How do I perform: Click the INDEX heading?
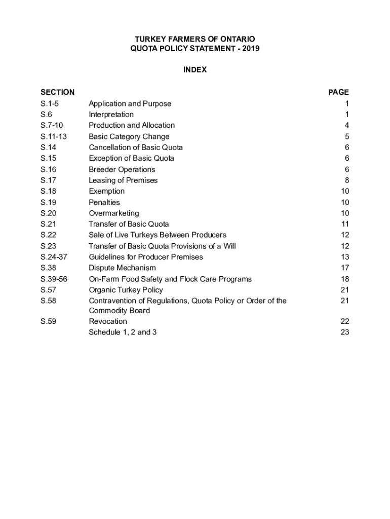coord(195,70)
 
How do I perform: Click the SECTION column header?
coord(57,92)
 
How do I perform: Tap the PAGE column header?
coord(338,92)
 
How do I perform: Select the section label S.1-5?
coord(50,103)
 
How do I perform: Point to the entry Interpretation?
coord(111,115)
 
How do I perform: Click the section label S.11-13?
coord(54,136)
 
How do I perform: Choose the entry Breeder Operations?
coord(122,169)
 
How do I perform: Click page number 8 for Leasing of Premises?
coord(346,180)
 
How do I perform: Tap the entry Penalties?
coord(104,202)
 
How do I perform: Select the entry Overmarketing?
coord(113,213)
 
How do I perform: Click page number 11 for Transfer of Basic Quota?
coord(345,224)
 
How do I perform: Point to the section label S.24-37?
coord(54,257)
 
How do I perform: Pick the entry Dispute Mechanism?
coord(122,268)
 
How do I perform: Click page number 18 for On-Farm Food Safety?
coord(345,279)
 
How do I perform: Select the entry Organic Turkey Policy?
coord(126,290)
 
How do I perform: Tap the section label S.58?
coord(48,301)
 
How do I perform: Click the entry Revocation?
coord(108,321)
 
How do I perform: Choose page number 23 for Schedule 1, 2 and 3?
coord(345,332)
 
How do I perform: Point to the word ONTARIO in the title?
coord(237,39)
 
